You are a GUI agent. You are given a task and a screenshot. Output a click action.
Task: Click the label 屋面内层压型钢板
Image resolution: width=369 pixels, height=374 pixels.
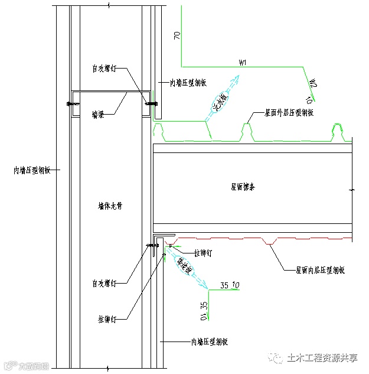[x=321, y=269]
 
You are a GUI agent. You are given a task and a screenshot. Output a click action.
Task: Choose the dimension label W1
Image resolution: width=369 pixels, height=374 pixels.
[x=242, y=61]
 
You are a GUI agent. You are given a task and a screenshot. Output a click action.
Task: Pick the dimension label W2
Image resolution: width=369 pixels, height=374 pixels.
[x=314, y=82]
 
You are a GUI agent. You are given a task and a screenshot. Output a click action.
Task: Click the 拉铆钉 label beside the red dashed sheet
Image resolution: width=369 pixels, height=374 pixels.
[x=202, y=253]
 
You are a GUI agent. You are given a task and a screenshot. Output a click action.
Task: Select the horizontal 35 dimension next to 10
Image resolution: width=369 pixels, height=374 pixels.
[x=224, y=287]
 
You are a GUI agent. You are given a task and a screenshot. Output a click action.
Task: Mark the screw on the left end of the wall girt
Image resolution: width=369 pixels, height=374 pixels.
[x=73, y=105]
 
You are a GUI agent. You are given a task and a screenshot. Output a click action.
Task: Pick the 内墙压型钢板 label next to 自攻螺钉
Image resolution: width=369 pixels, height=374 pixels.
[x=188, y=83]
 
